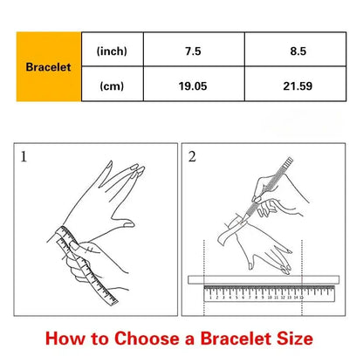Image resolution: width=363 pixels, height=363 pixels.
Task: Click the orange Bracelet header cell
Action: click(49, 66)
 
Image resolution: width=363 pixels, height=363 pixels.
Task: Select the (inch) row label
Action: click(112, 51)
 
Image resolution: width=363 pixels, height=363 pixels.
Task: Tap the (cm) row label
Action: click(112, 86)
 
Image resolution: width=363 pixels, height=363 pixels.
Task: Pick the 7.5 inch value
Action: click(193, 51)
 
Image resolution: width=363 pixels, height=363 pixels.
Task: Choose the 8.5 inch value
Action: click(298, 51)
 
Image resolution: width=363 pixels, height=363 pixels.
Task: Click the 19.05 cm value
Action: click(193, 86)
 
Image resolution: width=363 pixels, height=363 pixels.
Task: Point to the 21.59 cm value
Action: click(298, 86)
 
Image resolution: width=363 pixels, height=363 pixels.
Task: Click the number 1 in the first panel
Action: click(24, 157)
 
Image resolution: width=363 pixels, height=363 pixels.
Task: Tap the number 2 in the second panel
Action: click(192, 157)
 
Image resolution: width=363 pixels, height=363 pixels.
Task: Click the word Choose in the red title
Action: click(147, 339)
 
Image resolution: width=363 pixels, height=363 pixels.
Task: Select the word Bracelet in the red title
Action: click(236, 339)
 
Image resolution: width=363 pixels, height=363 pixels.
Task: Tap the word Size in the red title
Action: click(295, 339)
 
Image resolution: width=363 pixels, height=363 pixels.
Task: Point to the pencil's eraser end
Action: click(290, 161)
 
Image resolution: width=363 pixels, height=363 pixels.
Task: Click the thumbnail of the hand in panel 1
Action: click(128, 224)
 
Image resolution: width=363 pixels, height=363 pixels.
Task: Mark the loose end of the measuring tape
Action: click(113, 301)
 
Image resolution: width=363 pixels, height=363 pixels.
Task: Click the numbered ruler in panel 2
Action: click(270, 293)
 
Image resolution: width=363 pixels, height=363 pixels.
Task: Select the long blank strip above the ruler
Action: click(264, 279)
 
